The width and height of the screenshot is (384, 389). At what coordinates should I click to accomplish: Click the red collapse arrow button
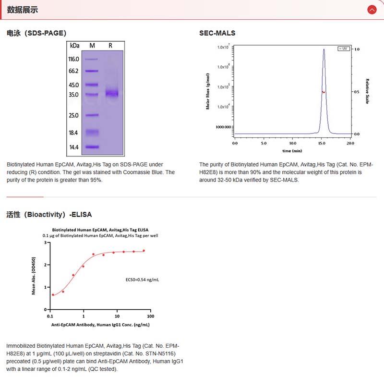[372, 10]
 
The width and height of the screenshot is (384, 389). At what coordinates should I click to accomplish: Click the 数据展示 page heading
[23, 10]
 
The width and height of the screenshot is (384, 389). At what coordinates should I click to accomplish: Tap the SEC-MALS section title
[217, 33]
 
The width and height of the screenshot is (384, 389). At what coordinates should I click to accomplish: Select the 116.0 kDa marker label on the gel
[73, 59]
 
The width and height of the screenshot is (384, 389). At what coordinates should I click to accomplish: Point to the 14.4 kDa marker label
[73, 147]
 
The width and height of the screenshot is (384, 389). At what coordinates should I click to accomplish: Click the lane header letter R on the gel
[110, 46]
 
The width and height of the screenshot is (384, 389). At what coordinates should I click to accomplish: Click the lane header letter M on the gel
[92, 46]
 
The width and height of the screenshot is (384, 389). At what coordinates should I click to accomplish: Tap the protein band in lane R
[112, 93]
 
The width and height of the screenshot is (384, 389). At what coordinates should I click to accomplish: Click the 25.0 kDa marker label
[73, 115]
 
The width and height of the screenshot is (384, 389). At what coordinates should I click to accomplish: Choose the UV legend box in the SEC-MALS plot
[343, 49]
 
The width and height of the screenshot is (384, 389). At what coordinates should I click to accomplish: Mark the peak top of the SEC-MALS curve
[324, 49]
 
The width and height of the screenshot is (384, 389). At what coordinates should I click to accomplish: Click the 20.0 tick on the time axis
[350, 143]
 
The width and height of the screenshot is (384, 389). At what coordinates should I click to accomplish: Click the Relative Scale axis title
[367, 91]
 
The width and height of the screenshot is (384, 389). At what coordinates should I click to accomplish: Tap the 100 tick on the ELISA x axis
[150, 316]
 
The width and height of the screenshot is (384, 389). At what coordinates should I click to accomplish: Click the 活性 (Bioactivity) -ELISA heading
[49, 214]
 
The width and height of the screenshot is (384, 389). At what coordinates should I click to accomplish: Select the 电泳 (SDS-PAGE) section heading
[36, 33]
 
